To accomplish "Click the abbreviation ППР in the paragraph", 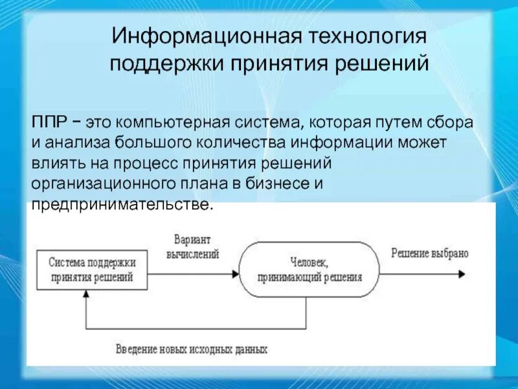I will click(x=48, y=122).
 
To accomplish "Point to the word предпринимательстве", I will click(x=122, y=204).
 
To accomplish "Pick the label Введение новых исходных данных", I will click(x=192, y=349).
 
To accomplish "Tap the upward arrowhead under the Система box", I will click(x=85, y=294).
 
